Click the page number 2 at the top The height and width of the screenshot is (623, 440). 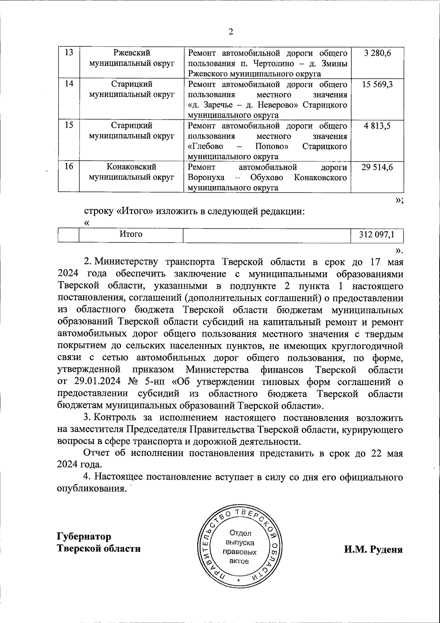coord(231,32)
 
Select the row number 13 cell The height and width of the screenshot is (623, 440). coord(69,53)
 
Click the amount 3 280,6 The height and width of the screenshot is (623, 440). coord(378,53)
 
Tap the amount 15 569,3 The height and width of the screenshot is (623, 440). coord(377,85)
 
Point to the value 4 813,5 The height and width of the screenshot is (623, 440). coord(377,126)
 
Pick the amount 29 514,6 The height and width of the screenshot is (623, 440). coord(377,167)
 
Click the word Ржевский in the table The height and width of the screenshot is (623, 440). coord(132,53)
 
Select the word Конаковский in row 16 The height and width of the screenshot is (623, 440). coord(132,167)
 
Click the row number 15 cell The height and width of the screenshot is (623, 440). coord(69,126)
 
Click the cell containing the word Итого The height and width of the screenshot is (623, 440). coord(131,234)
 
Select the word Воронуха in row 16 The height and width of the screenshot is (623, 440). coord(206,178)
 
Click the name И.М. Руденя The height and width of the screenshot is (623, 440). coord(373,550)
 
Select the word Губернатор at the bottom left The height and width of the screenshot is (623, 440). coord(84,537)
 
